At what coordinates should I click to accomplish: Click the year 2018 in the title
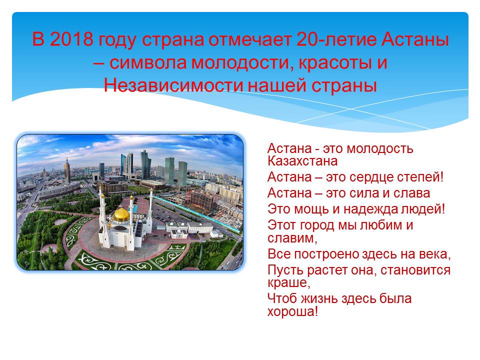coord(71,39)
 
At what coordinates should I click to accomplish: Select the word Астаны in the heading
coord(415,39)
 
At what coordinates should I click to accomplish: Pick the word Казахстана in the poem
coord(302,161)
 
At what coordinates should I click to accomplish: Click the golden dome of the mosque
coord(121,215)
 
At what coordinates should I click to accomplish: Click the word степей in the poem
coord(424,177)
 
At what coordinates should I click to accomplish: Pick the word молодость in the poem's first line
coord(380,149)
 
